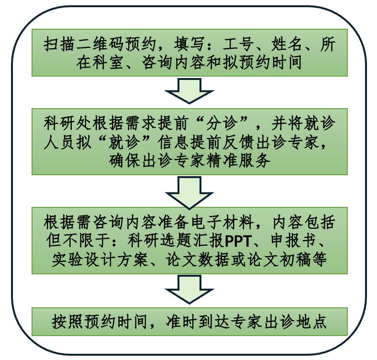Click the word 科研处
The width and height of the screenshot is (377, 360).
pos(67,123)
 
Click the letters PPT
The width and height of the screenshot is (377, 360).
pos(238,241)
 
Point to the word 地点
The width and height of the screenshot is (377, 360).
pos(311,321)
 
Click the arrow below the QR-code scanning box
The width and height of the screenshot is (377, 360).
pos(189,91)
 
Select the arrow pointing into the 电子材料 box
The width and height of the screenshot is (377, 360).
pos(189,192)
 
